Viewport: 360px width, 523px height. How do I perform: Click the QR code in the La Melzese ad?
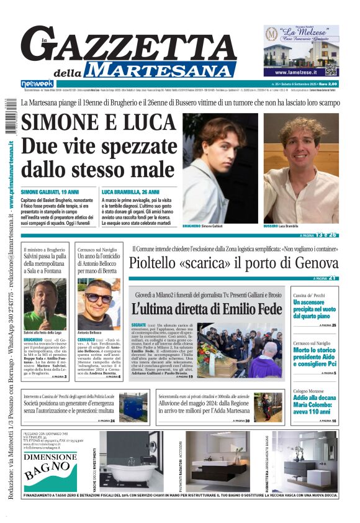click(x=331, y=70)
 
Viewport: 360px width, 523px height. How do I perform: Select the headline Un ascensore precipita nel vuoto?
click(x=315, y=309)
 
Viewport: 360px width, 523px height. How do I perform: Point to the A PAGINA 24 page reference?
click(x=106, y=421)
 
